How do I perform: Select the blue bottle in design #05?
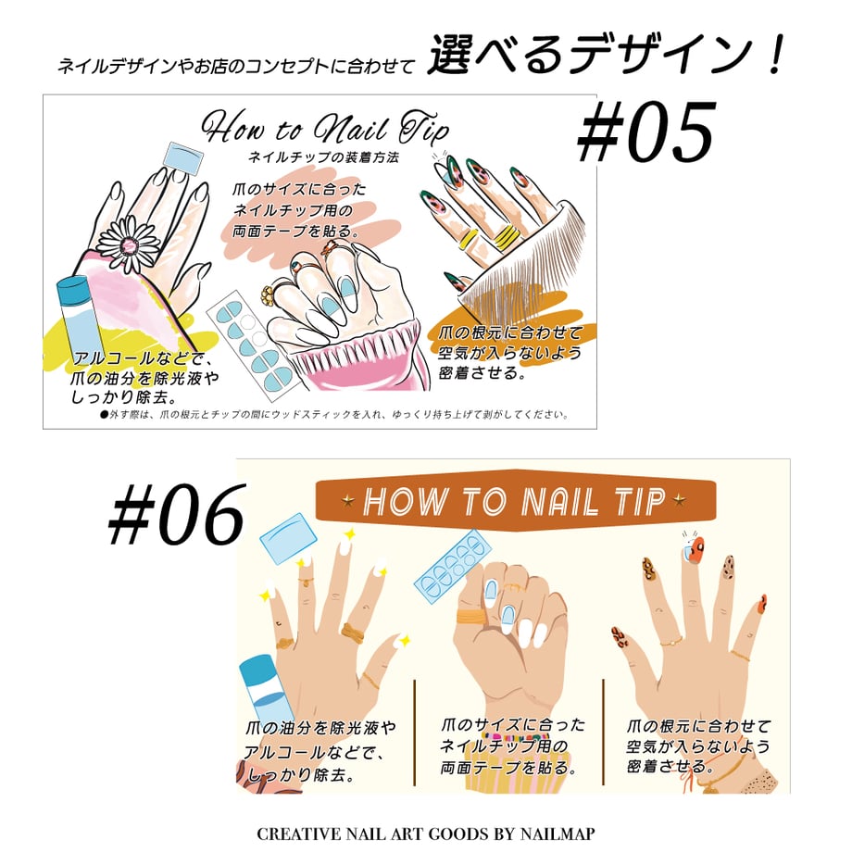76,320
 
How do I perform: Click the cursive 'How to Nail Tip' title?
325,128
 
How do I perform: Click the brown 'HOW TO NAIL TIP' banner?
515,500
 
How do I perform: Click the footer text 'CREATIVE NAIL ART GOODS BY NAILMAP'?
425,833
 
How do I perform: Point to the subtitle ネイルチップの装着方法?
323,157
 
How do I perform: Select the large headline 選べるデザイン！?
606,56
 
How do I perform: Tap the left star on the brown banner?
348,500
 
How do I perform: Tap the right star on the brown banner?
679,499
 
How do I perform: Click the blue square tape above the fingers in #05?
183,157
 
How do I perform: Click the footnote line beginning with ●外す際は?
334,415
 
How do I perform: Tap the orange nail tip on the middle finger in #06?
694,550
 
